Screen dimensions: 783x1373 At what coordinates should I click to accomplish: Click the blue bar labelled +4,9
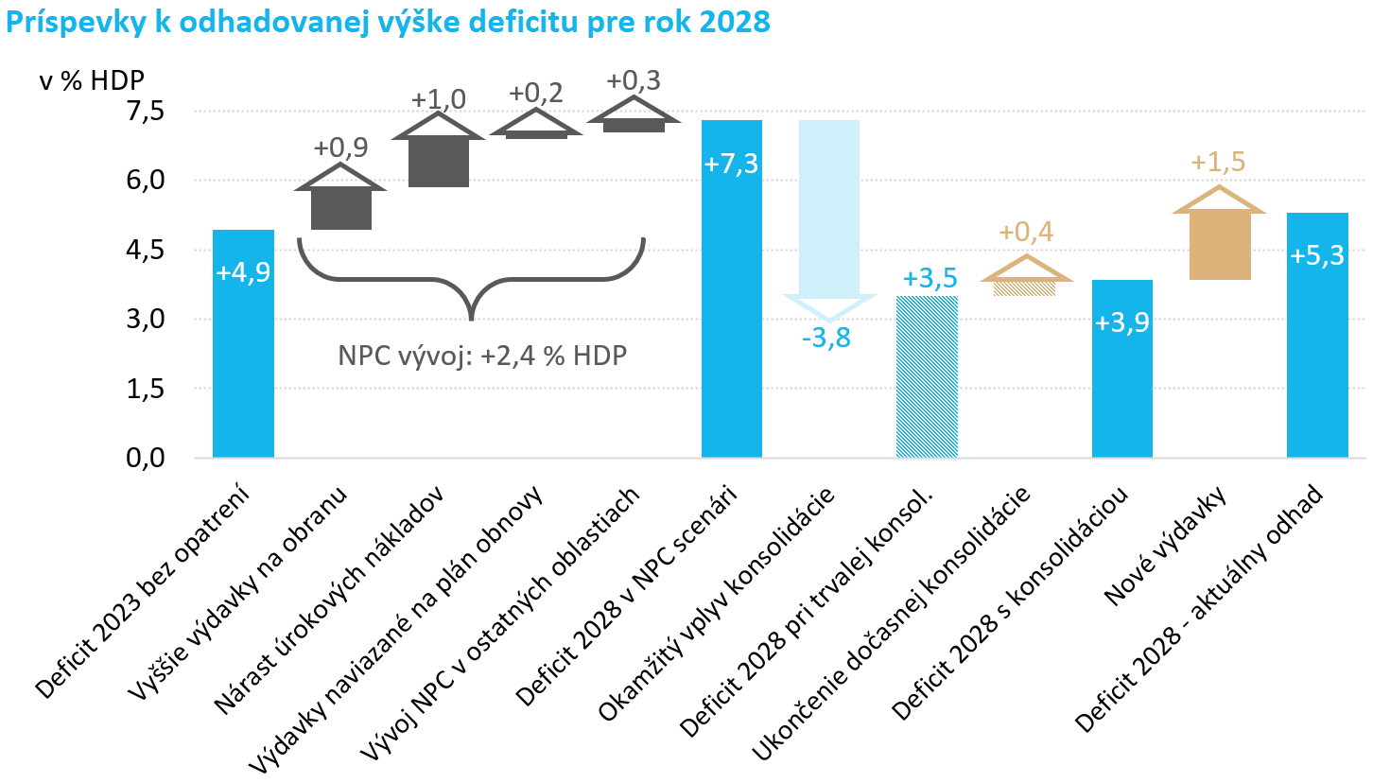pos(243,359)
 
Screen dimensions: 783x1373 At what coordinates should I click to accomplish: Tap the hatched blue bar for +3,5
pos(927,378)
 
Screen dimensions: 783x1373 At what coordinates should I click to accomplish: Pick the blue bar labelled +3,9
pos(1122,378)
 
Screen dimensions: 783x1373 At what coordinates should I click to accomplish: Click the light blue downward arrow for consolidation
pos(829,217)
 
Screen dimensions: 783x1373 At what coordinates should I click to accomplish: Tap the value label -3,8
pos(826,338)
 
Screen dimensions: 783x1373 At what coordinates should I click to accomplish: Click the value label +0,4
pos(1027,233)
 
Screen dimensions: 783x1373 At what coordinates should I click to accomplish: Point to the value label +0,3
pos(634,80)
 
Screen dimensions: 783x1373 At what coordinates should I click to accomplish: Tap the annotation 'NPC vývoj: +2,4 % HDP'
pos(483,357)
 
